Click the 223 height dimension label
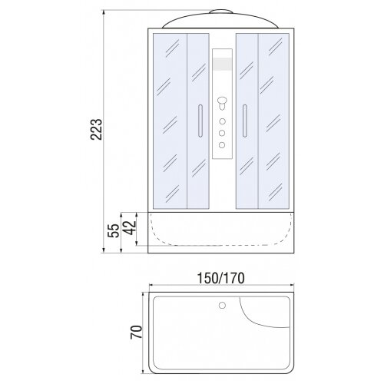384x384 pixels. [x=97, y=129]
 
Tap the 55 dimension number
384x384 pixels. [x=114, y=231]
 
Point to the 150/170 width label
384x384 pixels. [x=221, y=278]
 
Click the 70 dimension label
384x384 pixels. [x=136, y=332]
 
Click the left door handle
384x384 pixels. [x=200, y=121]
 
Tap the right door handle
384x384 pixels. [x=245, y=121]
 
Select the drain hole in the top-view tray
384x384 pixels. [x=222, y=305]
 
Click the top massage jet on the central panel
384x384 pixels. [x=222, y=121]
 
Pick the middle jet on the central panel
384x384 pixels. [x=222, y=133]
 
